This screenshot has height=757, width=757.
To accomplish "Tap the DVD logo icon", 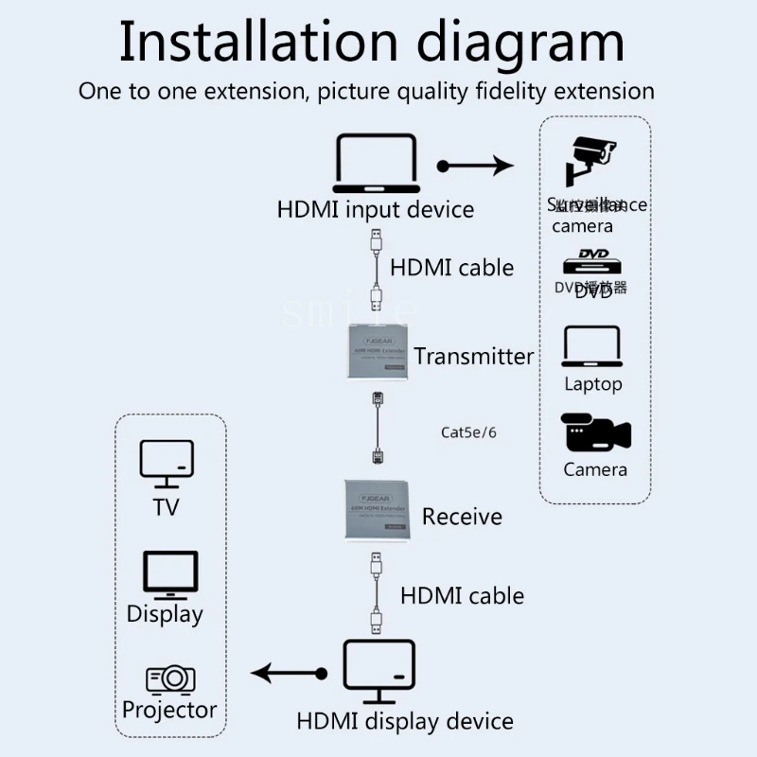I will pyautogui.click(x=592, y=260).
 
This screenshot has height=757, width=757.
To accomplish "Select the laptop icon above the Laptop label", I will pyautogui.click(x=592, y=346).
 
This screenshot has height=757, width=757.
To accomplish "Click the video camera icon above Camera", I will pyautogui.click(x=595, y=433).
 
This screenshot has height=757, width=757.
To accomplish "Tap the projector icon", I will pyautogui.click(x=170, y=678).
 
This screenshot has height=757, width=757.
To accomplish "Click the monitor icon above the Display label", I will pyautogui.click(x=170, y=574).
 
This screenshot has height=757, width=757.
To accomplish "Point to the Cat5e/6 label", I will pyautogui.click(x=468, y=432).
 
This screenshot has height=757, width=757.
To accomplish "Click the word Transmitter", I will pyautogui.click(x=473, y=357).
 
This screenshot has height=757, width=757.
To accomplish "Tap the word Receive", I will pyautogui.click(x=462, y=517).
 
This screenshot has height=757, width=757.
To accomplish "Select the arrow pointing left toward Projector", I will pyautogui.click(x=289, y=674).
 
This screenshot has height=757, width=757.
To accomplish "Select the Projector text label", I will pyautogui.click(x=169, y=710).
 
